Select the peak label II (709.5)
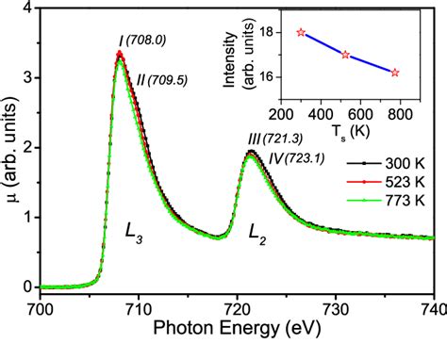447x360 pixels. (x=164, y=80)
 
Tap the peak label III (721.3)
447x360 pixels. (x=273, y=138)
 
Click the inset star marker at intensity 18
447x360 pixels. (x=301, y=32)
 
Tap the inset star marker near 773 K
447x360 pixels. (x=395, y=72)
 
